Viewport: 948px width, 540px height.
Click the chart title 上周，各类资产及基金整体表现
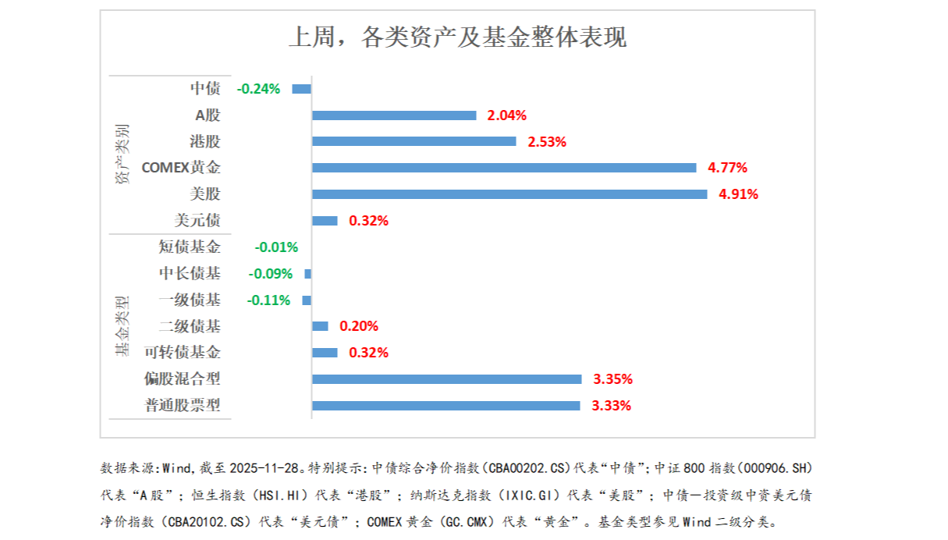click(457, 37)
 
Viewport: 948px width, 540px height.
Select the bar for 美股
click(509, 194)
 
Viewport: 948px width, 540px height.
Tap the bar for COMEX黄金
click(503, 168)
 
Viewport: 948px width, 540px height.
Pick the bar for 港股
click(414, 141)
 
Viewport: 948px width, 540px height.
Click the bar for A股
click(393, 115)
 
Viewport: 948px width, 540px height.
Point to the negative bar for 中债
click(301, 89)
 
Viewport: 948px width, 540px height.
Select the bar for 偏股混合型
click(446, 379)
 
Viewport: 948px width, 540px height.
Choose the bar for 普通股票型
click(446, 406)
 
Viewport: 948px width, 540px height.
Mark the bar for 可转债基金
click(325, 353)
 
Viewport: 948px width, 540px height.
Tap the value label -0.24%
click(258, 89)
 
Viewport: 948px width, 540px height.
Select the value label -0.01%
click(276, 247)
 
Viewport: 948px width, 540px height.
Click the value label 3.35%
click(612, 380)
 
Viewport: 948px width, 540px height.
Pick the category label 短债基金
click(190, 247)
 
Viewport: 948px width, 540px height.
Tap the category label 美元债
click(197, 221)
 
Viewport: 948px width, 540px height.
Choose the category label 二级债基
click(190, 326)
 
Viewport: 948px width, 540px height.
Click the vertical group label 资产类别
click(122, 154)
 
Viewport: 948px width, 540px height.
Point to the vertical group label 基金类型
click(122, 326)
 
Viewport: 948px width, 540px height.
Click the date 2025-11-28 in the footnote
click(265, 468)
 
